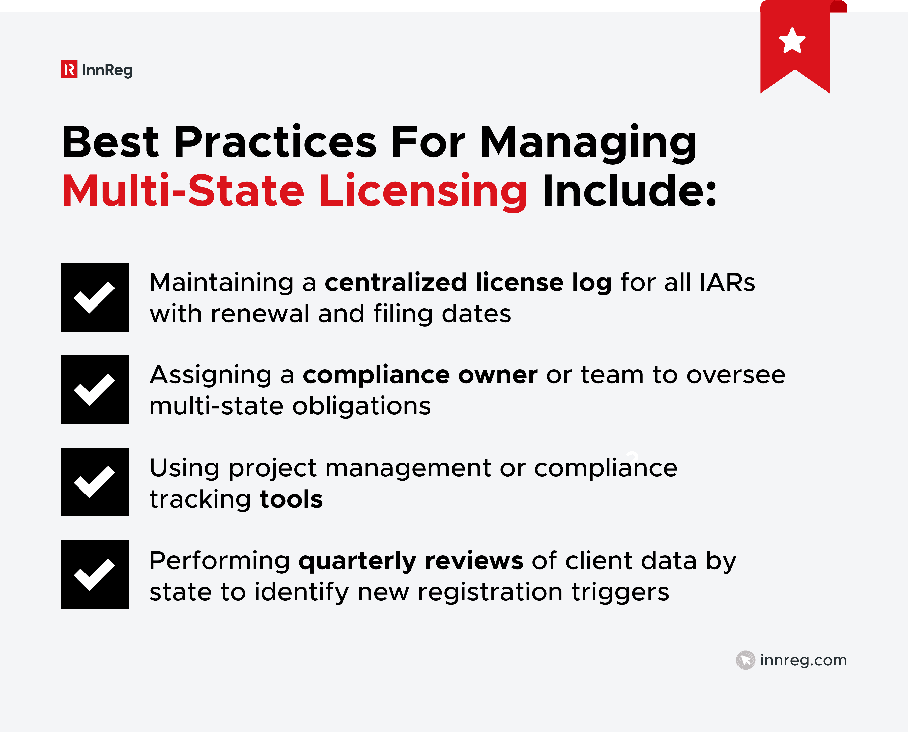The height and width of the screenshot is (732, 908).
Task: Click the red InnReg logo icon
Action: [69, 70]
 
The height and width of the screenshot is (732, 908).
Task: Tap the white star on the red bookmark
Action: [792, 41]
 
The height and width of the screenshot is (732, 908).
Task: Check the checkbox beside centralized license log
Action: [95, 297]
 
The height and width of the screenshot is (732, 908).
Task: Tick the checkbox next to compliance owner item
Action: [95, 390]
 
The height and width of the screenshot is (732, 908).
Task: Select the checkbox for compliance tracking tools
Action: [95, 482]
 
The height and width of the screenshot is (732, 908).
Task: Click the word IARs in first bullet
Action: [727, 283]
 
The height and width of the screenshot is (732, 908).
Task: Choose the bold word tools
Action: [291, 499]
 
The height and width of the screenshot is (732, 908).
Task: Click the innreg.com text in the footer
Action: [803, 660]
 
